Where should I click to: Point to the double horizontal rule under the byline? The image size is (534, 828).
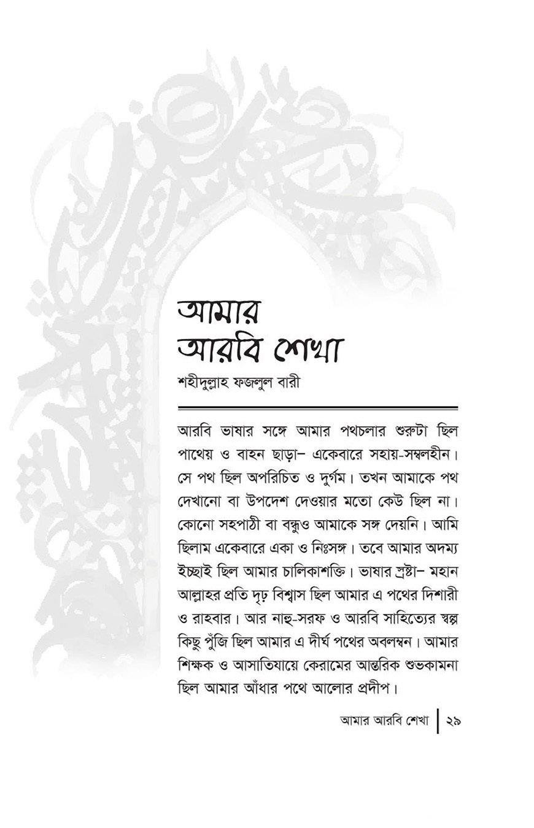tap(318, 408)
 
